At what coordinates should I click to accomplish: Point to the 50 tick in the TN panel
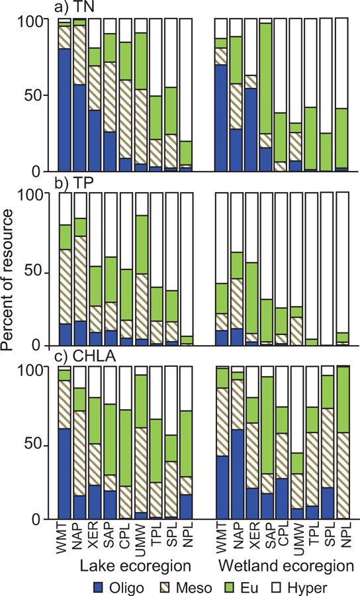click(42, 95)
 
